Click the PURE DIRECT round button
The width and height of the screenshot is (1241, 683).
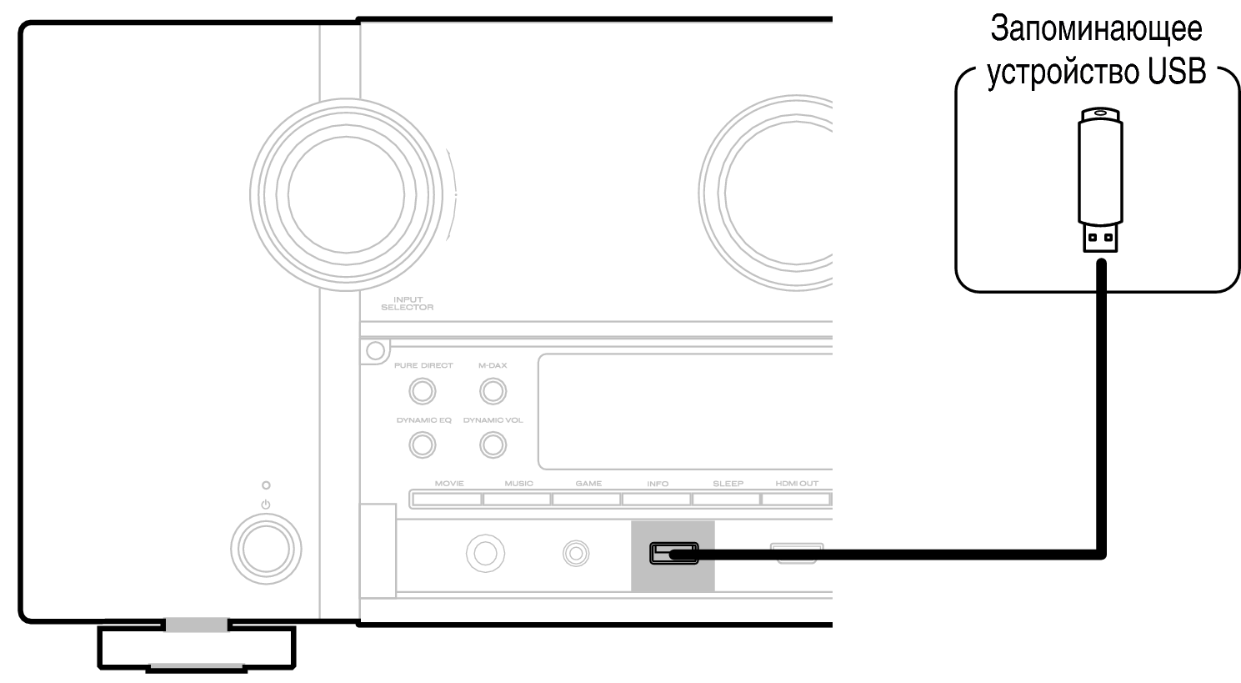(423, 391)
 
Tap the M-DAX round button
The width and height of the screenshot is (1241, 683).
(493, 391)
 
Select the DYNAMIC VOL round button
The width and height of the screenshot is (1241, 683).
(493, 444)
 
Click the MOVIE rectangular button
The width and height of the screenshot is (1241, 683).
(447, 499)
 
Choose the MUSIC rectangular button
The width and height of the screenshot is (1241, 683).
(517, 499)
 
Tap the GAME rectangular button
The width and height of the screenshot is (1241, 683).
(587, 499)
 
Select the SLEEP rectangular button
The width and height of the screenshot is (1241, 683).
(726, 499)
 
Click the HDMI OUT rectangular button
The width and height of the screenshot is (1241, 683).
(796, 499)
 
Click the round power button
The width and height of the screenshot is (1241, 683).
(266, 549)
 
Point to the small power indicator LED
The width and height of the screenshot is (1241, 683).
(266, 485)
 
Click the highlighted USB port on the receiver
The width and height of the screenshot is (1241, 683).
(673, 553)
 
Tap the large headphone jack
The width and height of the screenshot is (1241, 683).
(485, 553)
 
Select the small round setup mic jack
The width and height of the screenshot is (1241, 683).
(576, 553)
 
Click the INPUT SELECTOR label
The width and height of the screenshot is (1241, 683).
(408, 304)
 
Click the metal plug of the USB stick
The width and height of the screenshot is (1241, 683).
(1100, 238)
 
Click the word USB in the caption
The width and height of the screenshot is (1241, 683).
(1176, 72)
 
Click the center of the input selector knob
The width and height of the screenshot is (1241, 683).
(346, 194)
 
